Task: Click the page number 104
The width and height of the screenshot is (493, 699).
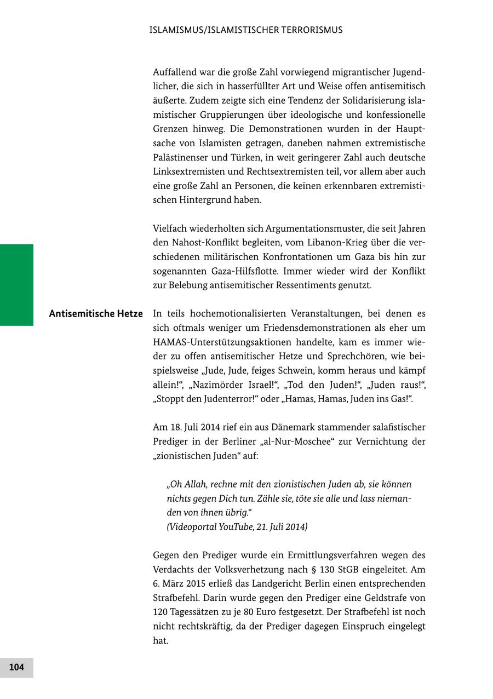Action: click(x=16, y=667)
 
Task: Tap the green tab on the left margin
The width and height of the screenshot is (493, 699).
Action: click(x=16, y=285)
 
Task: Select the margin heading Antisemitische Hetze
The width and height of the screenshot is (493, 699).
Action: click(x=96, y=314)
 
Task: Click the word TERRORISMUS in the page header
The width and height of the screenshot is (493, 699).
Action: click(x=312, y=30)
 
